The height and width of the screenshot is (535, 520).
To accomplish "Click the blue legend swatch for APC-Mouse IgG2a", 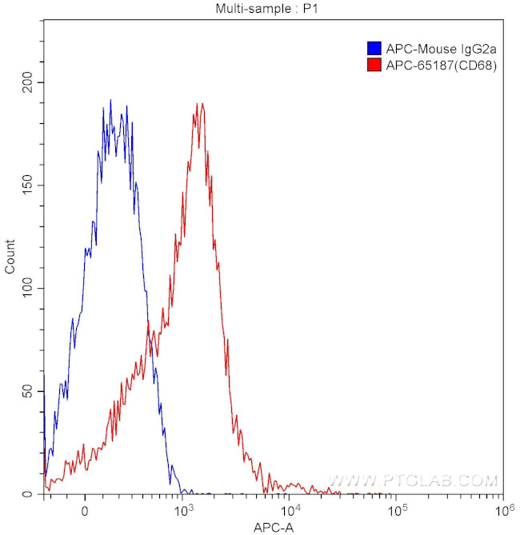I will tap(373, 48).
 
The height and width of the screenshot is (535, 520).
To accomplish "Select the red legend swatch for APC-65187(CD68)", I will tap(373, 66).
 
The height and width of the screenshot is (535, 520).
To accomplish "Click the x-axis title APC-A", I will tap(272, 528).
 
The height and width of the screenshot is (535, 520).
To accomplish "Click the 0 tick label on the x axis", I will tap(84, 510).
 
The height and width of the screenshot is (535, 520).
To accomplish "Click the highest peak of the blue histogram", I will tap(110, 101).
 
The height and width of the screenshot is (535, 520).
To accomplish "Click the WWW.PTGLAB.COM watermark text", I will tap(414, 481).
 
